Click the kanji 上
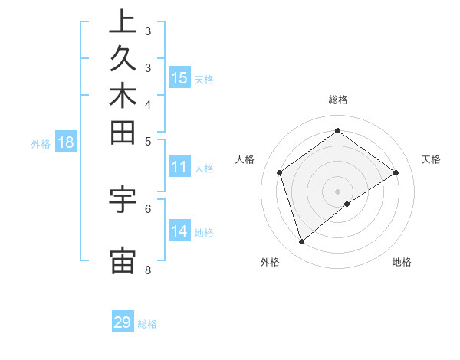(123, 21)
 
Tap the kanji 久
(123, 58)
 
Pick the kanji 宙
(123, 260)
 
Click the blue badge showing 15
(179, 77)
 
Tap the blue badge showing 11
(179, 168)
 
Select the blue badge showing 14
(179, 231)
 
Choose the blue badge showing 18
(66, 142)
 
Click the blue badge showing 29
(123, 322)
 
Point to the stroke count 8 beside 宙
(147, 270)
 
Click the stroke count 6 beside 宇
(147, 208)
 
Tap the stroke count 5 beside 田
(147, 141)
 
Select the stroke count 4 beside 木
(147, 104)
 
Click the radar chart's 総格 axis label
(337, 100)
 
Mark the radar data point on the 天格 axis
(396, 172)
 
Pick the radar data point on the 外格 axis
(301, 242)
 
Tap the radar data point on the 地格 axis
(347, 204)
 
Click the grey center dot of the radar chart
(337, 191)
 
